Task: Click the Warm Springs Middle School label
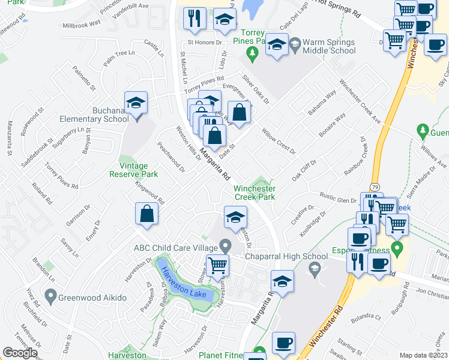(329, 47)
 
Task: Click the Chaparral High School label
(286, 256)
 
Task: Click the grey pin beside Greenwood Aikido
(50, 296)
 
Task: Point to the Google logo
(20, 353)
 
